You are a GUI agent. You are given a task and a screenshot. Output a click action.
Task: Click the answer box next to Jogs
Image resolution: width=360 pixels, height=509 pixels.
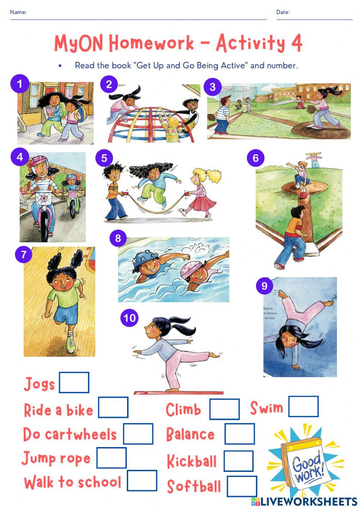(x=74, y=382)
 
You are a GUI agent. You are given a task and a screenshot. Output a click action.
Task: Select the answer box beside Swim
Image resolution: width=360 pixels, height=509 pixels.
(x=303, y=406)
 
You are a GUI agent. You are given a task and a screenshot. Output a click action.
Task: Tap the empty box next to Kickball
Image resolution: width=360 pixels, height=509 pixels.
(x=238, y=461)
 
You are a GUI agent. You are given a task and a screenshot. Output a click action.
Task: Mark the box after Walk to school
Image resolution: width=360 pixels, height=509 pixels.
(x=142, y=481)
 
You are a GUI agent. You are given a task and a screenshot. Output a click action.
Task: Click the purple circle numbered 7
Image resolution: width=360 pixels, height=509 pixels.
(x=24, y=254)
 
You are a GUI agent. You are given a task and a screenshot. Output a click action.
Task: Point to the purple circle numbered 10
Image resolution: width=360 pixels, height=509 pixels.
(x=129, y=318)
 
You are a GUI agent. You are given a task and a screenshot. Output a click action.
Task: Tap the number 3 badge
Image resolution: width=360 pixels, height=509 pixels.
(x=212, y=87)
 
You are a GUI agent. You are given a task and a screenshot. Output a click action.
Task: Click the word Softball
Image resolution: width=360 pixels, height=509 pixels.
(x=194, y=486)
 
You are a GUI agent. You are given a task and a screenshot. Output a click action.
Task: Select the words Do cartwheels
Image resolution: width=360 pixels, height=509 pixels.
(x=70, y=434)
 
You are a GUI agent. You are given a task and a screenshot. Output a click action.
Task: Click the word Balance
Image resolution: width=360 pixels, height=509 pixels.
(x=190, y=434)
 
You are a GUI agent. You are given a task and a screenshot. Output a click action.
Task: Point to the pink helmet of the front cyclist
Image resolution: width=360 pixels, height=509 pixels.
(x=38, y=162)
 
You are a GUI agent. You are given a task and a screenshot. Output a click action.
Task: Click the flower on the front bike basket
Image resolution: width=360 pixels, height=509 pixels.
(x=45, y=198)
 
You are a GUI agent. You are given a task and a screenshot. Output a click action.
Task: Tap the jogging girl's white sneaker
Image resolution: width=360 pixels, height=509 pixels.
(x=71, y=344)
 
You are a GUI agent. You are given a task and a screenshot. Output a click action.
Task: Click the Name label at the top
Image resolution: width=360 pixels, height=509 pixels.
(x=18, y=12)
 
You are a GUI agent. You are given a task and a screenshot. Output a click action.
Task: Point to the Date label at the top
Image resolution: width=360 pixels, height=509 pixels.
(x=283, y=12)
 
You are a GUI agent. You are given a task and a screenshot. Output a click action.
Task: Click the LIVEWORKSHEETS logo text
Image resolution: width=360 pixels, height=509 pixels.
(x=308, y=501)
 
